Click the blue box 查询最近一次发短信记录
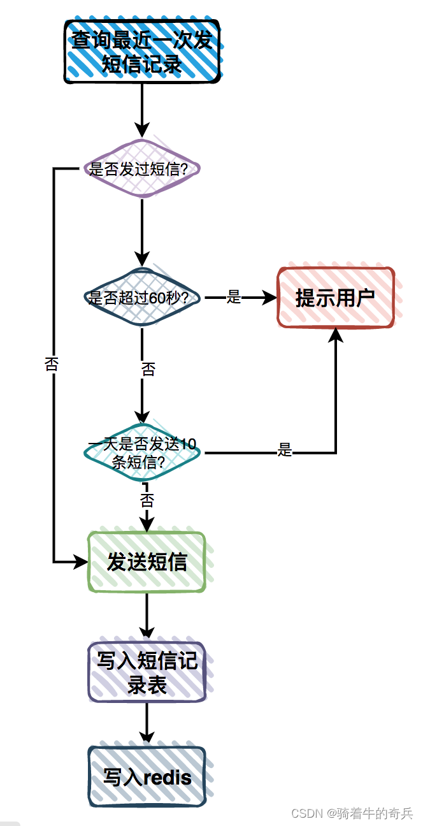click(x=141, y=52)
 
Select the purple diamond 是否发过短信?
click(x=142, y=169)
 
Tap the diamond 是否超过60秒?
click(x=142, y=298)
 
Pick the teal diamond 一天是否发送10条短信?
click(x=142, y=453)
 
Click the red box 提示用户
click(x=335, y=298)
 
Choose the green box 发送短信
click(x=147, y=562)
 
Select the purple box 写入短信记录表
click(x=147, y=672)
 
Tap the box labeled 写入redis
click(x=147, y=777)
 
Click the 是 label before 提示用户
click(x=234, y=297)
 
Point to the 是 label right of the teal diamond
click(x=285, y=451)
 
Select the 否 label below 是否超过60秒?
click(x=148, y=370)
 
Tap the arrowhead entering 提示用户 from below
click(x=335, y=335)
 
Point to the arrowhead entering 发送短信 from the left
click(x=80, y=562)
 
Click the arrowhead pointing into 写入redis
click(x=147, y=737)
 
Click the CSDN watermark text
click(x=352, y=813)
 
